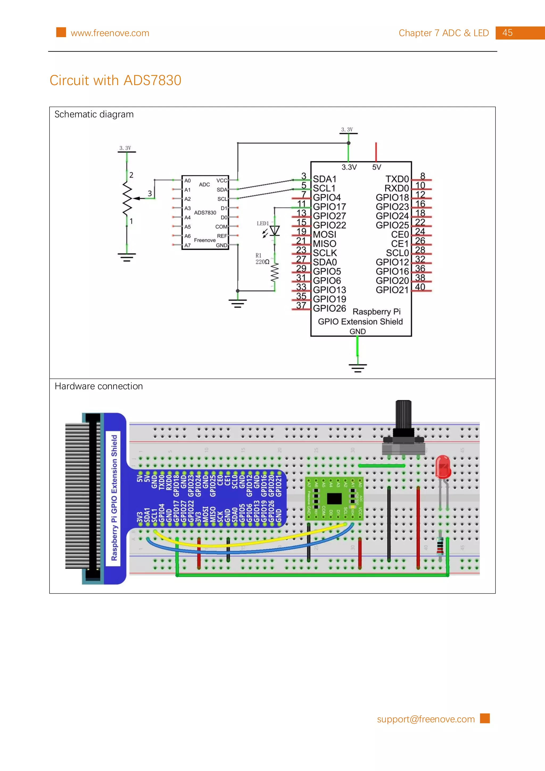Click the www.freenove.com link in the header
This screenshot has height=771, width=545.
tap(110, 33)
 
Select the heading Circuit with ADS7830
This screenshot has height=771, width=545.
tap(115, 81)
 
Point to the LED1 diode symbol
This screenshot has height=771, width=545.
tap(275, 231)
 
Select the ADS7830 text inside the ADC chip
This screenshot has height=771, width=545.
tap(205, 213)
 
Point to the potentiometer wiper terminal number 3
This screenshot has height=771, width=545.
tap(150, 193)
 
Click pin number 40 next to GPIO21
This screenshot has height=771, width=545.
tap(420, 287)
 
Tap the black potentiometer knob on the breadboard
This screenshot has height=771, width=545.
tap(403, 415)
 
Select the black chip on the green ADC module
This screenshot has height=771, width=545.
tap(334, 499)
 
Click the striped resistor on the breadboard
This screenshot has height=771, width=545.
tap(440, 545)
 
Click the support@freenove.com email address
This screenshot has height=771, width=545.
tap(426, 719)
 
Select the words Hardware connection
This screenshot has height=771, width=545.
tap(99, 387)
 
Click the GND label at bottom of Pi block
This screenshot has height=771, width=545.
tap(357, 331)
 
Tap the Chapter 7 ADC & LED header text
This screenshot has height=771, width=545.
tap(443, 33)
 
